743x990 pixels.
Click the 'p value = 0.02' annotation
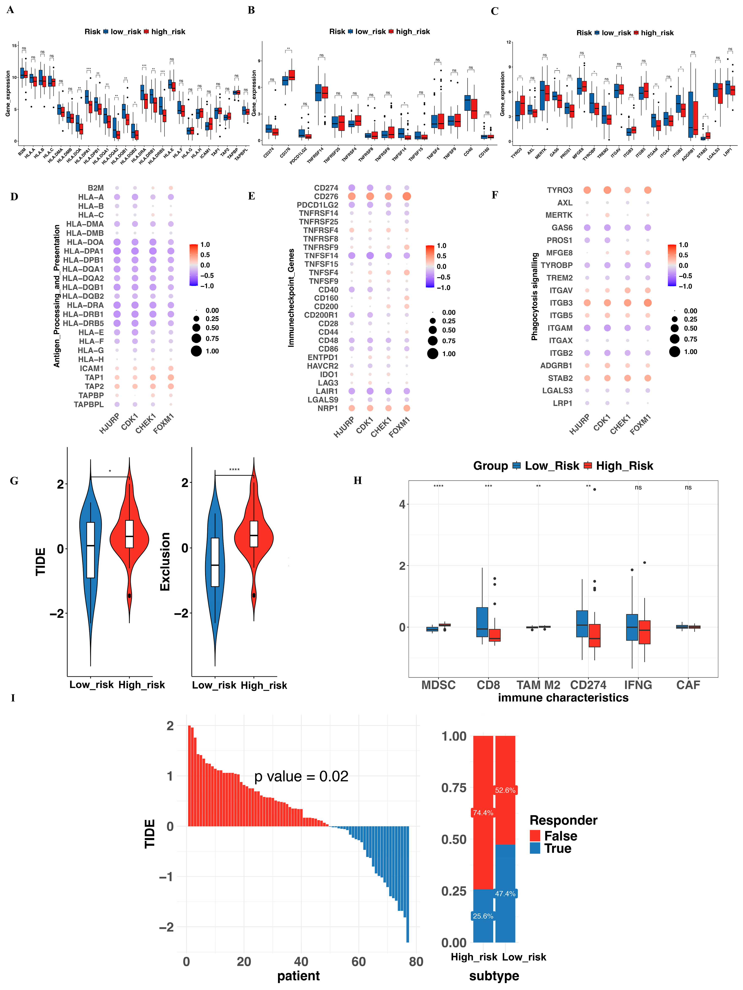tap(301, 776)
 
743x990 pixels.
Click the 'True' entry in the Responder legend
tap(557, 849)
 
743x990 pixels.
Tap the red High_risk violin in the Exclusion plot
tap(254, 537)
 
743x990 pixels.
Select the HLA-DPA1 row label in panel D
tap(84, 251)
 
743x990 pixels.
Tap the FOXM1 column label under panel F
tap(641, 424)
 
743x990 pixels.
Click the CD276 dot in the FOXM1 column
tap(407, 196)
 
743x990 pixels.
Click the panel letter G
tap(14, 481)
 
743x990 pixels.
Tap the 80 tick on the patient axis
tap(416, 961)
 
